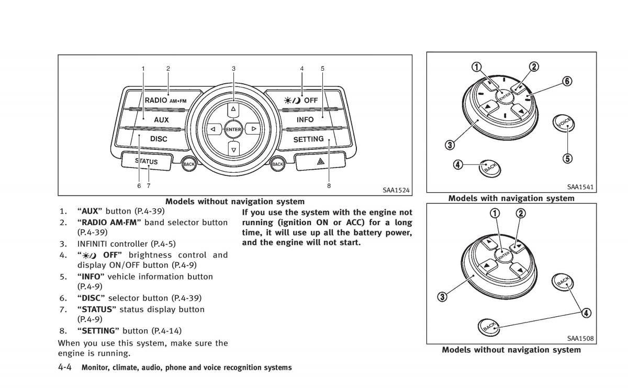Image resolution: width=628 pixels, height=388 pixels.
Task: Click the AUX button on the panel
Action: (161, 120)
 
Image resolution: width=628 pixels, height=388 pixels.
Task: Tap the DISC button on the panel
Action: (159, 139)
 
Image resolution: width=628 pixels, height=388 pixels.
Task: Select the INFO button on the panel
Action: (305, 120)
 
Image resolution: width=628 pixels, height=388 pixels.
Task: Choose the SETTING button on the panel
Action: (308, 140)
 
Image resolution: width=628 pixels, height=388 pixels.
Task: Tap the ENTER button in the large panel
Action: (233, 129)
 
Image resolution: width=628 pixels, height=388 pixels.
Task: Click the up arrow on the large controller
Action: (233, 109)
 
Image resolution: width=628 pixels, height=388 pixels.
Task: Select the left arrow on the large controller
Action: (213, 129)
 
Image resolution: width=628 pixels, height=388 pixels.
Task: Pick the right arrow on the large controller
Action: (253, 129)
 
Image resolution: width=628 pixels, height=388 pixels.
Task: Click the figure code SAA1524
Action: (396, 191)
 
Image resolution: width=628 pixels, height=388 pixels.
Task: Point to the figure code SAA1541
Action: (580, 187)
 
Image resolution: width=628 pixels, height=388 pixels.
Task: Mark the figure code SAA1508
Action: (580, 338)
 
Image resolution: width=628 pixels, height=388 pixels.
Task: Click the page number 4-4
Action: (65, 368)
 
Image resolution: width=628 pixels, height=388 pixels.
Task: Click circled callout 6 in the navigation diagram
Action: (567, 81)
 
